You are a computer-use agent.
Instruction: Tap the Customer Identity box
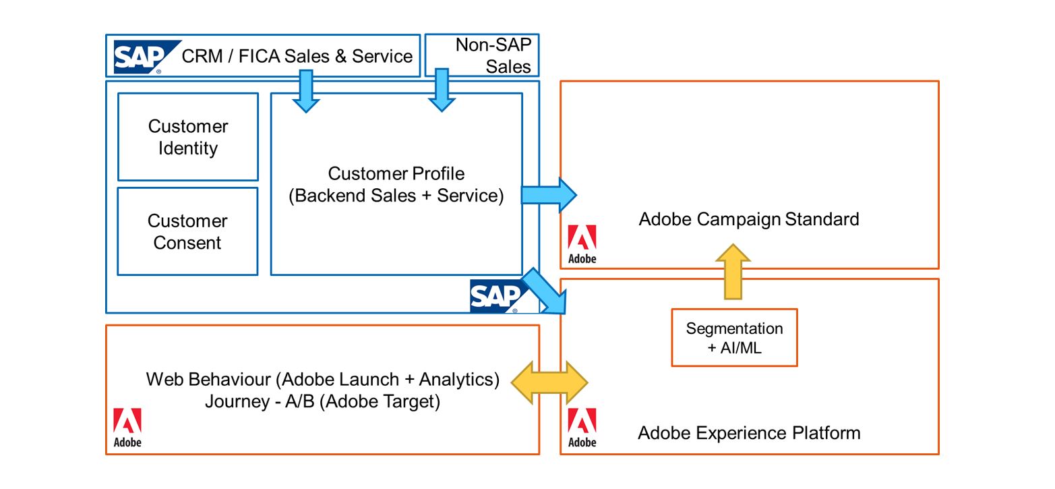click(x=188, y=137)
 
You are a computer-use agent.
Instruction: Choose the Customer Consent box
click(x=187, y=231)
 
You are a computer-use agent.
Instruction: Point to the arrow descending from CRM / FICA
click(x=305, y=91)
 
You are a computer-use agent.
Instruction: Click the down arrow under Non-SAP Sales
click(x=442, y=90)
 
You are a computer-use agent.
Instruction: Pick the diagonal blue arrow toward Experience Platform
click(x=545, y=291)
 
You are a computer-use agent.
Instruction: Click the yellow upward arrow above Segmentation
click(x=733, y=272)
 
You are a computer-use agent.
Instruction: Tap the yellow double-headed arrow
click(x=549, y=382)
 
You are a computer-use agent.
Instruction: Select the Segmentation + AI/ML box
click(x=734, y=338)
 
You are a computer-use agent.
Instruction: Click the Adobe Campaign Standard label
click(x=748, y=219)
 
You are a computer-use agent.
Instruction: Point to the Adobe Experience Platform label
click(x=749, y=432)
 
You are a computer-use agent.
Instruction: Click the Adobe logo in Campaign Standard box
click(x=582, y=244)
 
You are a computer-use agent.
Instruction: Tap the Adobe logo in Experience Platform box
click(x=582, y=428)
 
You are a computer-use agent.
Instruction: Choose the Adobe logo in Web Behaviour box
click(x=127, y=428)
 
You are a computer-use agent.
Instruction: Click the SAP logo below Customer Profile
click(x=496, y=297)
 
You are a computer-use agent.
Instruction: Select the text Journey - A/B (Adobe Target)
click(x=322, y=401)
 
